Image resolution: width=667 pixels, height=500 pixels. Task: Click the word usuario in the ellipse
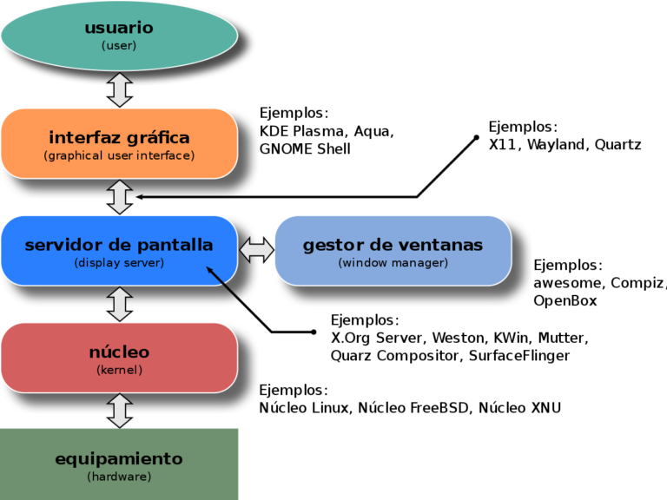coord(119,28)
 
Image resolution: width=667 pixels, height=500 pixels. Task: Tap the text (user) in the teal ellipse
coord(119,45)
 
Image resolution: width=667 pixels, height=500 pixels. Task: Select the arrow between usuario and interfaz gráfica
coord(120,89)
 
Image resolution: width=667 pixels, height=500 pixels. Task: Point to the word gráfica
coord(157,138)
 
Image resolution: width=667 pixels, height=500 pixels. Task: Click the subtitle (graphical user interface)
coord(119,156)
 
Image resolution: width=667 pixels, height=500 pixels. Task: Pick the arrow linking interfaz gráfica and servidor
coord(120,196)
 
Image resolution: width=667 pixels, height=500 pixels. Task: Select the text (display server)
coord(119,263)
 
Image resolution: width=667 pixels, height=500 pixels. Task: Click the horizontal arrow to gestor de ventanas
coord(256,250)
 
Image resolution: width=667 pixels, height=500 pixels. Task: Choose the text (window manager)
coord(393,263)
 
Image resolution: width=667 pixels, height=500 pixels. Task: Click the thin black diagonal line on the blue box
coord(225,286)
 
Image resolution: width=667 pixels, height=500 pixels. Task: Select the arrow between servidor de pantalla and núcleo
coord(120,304)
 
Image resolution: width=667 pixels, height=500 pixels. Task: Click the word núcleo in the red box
coord(119,352)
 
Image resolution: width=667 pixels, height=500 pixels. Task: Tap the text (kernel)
coord(119,370)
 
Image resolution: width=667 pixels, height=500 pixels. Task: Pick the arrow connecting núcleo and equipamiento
coord(120,410)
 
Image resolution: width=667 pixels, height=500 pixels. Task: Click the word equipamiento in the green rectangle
coord(119,458)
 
